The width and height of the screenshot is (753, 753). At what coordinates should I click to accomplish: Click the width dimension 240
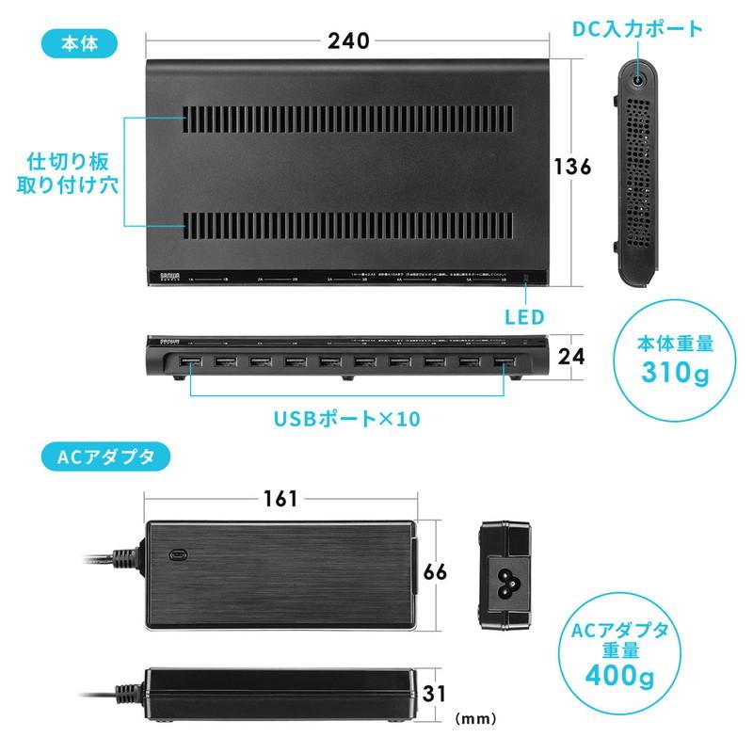[x=348, y=40]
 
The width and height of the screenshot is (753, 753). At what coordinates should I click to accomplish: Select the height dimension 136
[x=572, y=167]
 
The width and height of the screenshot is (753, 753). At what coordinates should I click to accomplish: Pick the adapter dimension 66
[x=435, y=572]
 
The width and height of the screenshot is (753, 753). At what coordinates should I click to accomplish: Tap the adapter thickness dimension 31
[x=435, y=695]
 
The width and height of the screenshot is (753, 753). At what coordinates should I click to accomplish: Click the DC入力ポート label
[x=637, y=28]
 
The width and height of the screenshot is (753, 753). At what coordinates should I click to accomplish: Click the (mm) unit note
[x=476, y=718]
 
